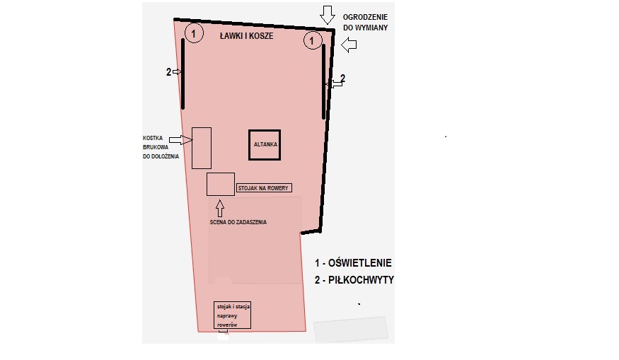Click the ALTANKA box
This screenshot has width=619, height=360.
[265, 130]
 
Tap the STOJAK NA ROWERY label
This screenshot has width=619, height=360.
[264, 188]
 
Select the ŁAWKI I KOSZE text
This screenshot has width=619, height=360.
[246, 36]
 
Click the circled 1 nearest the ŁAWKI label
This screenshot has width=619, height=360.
[193, 33]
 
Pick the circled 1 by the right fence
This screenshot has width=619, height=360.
[312, 40]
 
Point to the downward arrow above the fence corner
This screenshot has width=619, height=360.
[328, 15]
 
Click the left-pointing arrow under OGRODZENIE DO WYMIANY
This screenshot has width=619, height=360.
[349, 45]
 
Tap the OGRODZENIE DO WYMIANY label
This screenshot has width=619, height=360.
[365, 23]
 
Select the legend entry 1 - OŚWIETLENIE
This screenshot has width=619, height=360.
[353, 263]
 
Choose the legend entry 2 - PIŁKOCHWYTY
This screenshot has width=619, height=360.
[354, 280]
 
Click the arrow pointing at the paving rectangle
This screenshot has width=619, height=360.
[180, 140]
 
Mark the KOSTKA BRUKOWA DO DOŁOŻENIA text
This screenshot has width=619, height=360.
[161, 147]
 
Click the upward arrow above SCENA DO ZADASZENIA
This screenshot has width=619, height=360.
[220, 209]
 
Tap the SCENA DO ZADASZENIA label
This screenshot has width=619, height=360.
[238, 222]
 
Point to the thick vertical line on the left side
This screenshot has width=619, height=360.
[183, 74]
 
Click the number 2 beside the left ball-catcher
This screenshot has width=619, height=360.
[168, 72]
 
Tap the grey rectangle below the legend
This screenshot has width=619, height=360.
[351, 329]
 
